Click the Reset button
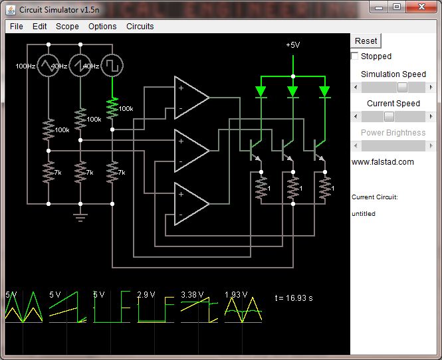[x=366, y=41]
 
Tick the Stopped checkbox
[x=355, y=56]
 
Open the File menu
[x=17, y=27]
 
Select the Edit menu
[x=40, y=27]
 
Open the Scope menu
[x=67, y=27]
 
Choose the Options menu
[x=102, y=27]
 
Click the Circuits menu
[x=140, y=27]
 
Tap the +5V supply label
[x=292, y=45]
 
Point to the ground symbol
[x=80, y=215]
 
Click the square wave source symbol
[x=113, y=66]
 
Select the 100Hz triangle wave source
[x=48, y=66]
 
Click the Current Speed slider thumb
[x=389, y=116]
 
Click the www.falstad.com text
[x=382, y=162]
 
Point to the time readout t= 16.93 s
[x=294, y=298]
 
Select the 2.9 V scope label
[x=146, y=295]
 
